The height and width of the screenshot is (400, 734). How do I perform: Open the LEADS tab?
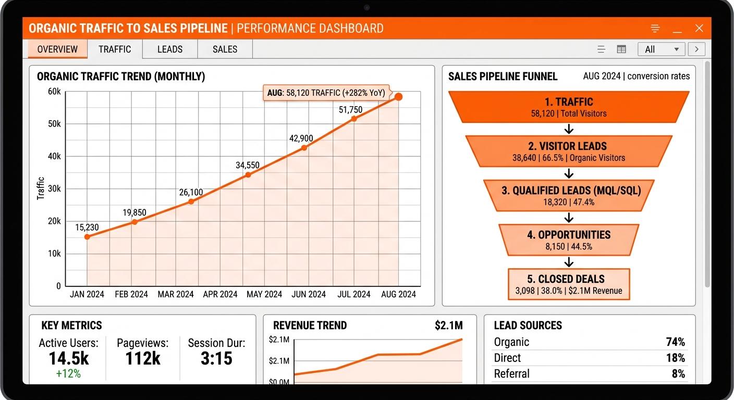point(170,49)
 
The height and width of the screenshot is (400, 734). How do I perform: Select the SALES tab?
point(225,49)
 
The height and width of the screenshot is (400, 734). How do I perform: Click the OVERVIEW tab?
point(57,49)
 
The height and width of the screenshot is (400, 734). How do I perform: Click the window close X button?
point(699,29)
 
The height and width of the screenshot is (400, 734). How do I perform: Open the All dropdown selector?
point(661,49)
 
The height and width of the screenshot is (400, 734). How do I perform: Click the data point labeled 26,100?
point(191,202)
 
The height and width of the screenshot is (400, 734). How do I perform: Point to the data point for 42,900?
point(304,147)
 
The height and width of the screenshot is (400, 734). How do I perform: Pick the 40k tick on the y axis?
point(54,156)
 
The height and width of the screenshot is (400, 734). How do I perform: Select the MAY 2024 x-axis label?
point(264,294)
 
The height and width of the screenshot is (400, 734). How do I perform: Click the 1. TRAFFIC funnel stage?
point(569,107)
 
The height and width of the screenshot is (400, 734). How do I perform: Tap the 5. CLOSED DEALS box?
point(569,284)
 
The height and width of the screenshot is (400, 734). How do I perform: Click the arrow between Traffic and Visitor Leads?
point(569,129)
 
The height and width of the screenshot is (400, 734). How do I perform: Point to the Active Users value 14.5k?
point(69,358)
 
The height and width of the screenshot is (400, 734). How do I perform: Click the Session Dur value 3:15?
point(216,358)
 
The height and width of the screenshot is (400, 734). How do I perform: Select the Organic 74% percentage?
point(675,342)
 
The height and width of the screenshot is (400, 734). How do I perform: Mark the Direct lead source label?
point(507,358)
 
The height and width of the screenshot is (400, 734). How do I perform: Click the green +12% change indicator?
point(69,373)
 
